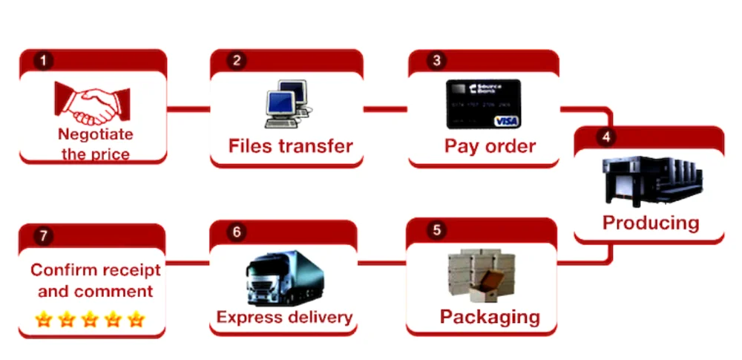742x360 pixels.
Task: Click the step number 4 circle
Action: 605,137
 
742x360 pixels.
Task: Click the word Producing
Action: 650,222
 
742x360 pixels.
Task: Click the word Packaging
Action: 489,317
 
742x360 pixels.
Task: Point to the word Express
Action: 248,318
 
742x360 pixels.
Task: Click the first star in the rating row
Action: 44,319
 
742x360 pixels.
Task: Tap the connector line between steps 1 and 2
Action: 188,109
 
